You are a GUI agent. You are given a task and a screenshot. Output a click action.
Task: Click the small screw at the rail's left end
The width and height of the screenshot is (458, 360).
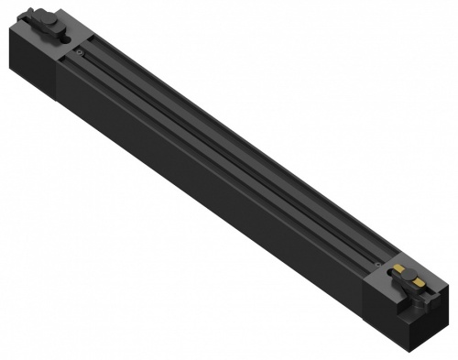(81, 53)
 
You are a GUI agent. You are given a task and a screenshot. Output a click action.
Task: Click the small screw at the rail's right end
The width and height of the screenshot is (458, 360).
(376, 267)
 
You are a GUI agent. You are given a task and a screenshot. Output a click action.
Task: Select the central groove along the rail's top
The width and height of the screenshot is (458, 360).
(229, 156)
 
